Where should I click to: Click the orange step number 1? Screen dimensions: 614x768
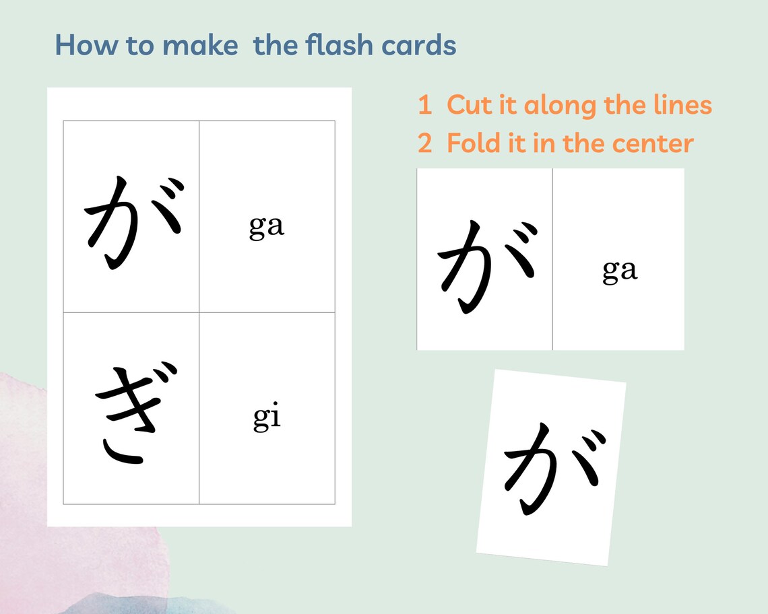tap(424, 106)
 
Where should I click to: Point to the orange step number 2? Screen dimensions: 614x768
tap(424, 143)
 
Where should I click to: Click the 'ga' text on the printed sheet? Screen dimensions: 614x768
tap(267, 226)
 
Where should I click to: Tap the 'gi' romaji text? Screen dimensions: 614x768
tap(267, 417)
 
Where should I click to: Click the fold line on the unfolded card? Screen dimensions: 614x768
tap(552, 259)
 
